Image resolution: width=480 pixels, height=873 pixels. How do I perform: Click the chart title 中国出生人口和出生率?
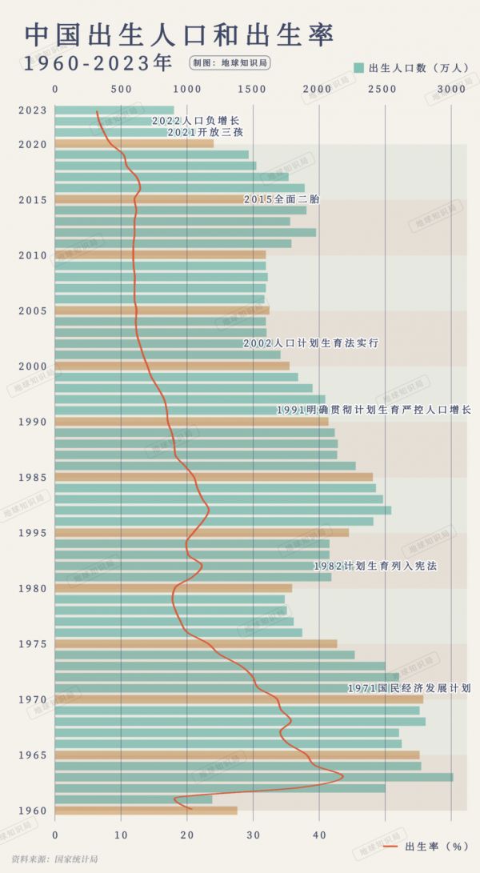[x=179, y=34]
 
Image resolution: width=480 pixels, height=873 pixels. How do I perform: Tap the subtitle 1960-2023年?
[x=98, y=63]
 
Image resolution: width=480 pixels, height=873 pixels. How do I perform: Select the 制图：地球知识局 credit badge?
[x=230, y=62]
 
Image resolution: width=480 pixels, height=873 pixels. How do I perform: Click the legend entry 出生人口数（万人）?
[x=411, y=68]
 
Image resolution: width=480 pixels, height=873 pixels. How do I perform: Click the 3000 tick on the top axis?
[x=451, y=90]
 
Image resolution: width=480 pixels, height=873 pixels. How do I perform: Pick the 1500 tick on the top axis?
[x=253, y=90]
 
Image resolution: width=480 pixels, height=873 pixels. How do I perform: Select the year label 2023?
[x=34, y=110]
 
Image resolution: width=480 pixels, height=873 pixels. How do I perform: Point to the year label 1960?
[x=34, y=811]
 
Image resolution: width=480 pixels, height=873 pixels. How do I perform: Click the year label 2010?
[x=34, y=255]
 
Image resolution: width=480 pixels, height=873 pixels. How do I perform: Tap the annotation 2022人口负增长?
[x=195, y=121]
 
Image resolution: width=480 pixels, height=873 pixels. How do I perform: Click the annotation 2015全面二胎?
[x=281, y=199]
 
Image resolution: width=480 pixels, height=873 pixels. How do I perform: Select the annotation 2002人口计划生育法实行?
[x=310, y=343]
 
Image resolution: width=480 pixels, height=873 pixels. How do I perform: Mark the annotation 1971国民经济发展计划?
[x=408, y=688]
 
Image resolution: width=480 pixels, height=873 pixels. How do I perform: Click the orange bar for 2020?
[x=134, y=144]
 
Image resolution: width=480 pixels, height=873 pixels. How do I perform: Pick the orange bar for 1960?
[x=146, y=811]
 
